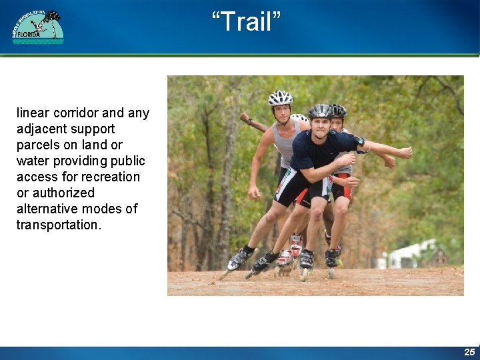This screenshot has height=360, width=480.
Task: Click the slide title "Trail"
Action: (246, 22)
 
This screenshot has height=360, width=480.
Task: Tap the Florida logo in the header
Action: (38, 27)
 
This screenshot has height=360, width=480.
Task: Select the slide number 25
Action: (469, 351)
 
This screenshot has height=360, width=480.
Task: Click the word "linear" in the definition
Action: (33, 113)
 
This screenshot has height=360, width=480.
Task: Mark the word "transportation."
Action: (59, 225)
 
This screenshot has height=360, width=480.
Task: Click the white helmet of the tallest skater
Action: (280, 98)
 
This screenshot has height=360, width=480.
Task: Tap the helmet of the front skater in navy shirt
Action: (321, 111)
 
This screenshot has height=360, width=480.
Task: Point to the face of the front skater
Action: (321, 126)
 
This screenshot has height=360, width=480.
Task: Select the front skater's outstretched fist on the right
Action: (404, 153)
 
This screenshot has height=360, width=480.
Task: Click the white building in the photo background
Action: (407, 256)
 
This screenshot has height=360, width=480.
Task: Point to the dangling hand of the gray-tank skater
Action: (254, 193)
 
